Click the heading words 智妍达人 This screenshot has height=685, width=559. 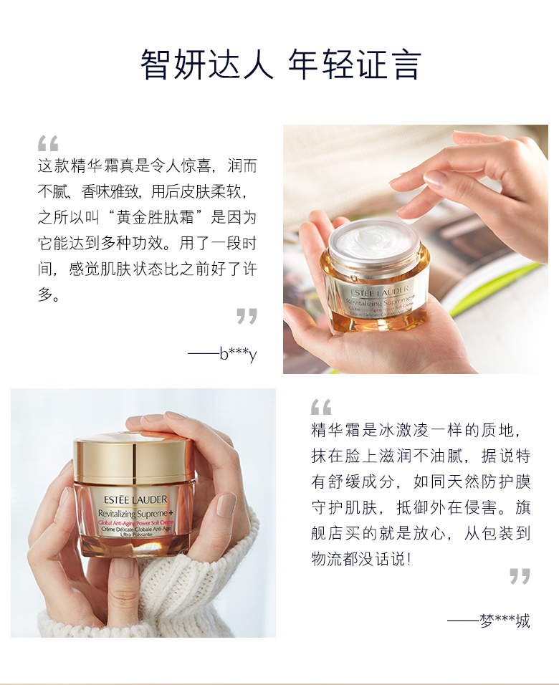tap(206, 64)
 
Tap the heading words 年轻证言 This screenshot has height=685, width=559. tap(355, 64)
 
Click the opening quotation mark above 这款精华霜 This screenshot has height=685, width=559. tap(48, 143)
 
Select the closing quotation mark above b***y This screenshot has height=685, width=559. tap(247, 316)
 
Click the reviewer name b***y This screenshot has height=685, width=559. tap(239, 353)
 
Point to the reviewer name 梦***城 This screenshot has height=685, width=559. tap(505, 621)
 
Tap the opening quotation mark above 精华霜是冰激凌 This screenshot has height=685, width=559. tap(321, 407)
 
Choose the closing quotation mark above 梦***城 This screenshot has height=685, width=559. tap(520, 576)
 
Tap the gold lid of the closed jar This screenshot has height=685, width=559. tap(133, 457)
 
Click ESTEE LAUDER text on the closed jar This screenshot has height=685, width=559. tap(135, 499)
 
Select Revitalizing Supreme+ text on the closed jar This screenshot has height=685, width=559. tap(136, 513)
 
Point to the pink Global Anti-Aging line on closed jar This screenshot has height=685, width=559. tap(136, 522)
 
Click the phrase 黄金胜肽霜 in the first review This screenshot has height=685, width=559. tap(155, 217)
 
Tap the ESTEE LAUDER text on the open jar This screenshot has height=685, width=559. tap(379, 291)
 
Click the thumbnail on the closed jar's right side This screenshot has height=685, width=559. tap(226, 505)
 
